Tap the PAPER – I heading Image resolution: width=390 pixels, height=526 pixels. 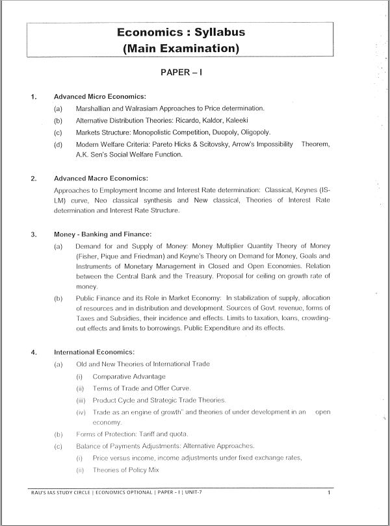coord(181,73)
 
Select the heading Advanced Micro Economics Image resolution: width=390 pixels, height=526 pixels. coord(99,97)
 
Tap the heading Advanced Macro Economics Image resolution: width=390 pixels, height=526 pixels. coord(101,177)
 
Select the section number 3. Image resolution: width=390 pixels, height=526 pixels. coord(32,234)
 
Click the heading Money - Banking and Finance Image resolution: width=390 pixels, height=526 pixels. coord(103,234)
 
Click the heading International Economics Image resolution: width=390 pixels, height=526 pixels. coord(94,352)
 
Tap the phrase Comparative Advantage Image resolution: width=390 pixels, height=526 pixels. coord(129,376)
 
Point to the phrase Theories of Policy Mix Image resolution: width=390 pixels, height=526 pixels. coord(125,470)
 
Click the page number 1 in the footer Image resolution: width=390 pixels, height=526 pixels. coord(329,511)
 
